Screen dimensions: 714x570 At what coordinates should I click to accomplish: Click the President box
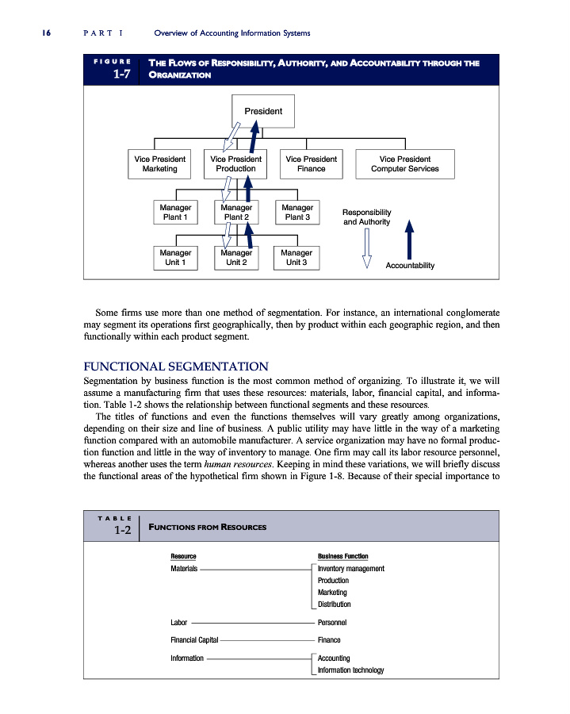tap(262, 111)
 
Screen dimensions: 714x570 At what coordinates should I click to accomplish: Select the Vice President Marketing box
tap(159, 164)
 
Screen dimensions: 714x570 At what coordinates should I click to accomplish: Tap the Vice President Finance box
tap(311, 164)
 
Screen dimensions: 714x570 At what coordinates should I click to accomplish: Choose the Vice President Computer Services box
tap(405, 164)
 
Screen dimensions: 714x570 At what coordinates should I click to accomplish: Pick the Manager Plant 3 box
tap(297, 212)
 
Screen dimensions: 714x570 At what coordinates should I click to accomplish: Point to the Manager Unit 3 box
tap(297, 258)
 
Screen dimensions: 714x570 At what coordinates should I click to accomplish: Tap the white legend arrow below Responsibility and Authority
tap(366, 249)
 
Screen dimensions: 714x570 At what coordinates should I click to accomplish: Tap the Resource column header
tap(183, 557)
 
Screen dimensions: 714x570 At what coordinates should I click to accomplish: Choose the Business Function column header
tap(342, 557)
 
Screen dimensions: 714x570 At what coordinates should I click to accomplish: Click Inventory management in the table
tap(350, 569)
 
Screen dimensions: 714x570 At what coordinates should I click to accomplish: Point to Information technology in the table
tap(350, 670)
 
